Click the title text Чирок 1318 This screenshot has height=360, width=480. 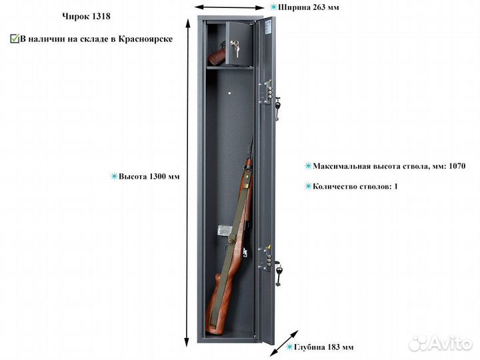pyautogui.click(x=86, y=16)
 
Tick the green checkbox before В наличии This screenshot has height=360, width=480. pyautogui.click(x=15, y=39)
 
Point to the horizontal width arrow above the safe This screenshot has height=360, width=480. pyautogui.click(x=229, y=7)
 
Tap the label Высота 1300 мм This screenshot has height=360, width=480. pyautogui.click(x=149, y=177)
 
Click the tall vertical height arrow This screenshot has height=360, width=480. pyautogui.click(x=187, y=183)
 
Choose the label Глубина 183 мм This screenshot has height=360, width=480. pyautogui.click(x=323, y=347)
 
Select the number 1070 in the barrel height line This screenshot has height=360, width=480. pyautogui.click(x=457, y=166)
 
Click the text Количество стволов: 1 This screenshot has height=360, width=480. pyautogui.click(x=355, y=187)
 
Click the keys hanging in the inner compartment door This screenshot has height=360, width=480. pyautogui.click(x=235, y=49)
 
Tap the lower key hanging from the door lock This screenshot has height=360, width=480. pyautogui.click(x=279, y=275)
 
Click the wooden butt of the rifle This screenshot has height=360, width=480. pyautogui.click(x=218, y=306)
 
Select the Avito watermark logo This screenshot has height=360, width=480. pyautogui.click(x=440, y=343)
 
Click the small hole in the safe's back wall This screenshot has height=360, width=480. pyautogui.click(x=229, y=93)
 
